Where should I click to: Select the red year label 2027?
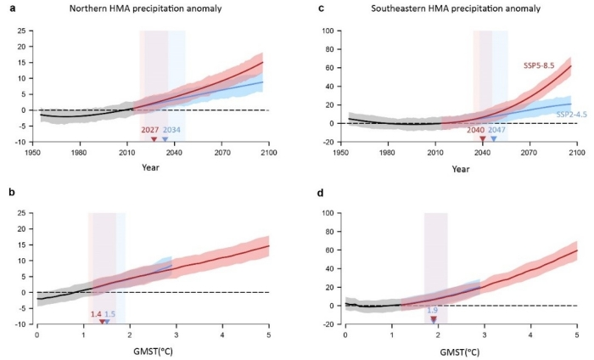150,130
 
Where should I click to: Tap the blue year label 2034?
171,130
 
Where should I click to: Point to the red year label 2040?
476,130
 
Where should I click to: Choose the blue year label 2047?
498,130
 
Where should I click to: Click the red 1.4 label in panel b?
96,314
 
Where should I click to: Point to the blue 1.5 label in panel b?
110,314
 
